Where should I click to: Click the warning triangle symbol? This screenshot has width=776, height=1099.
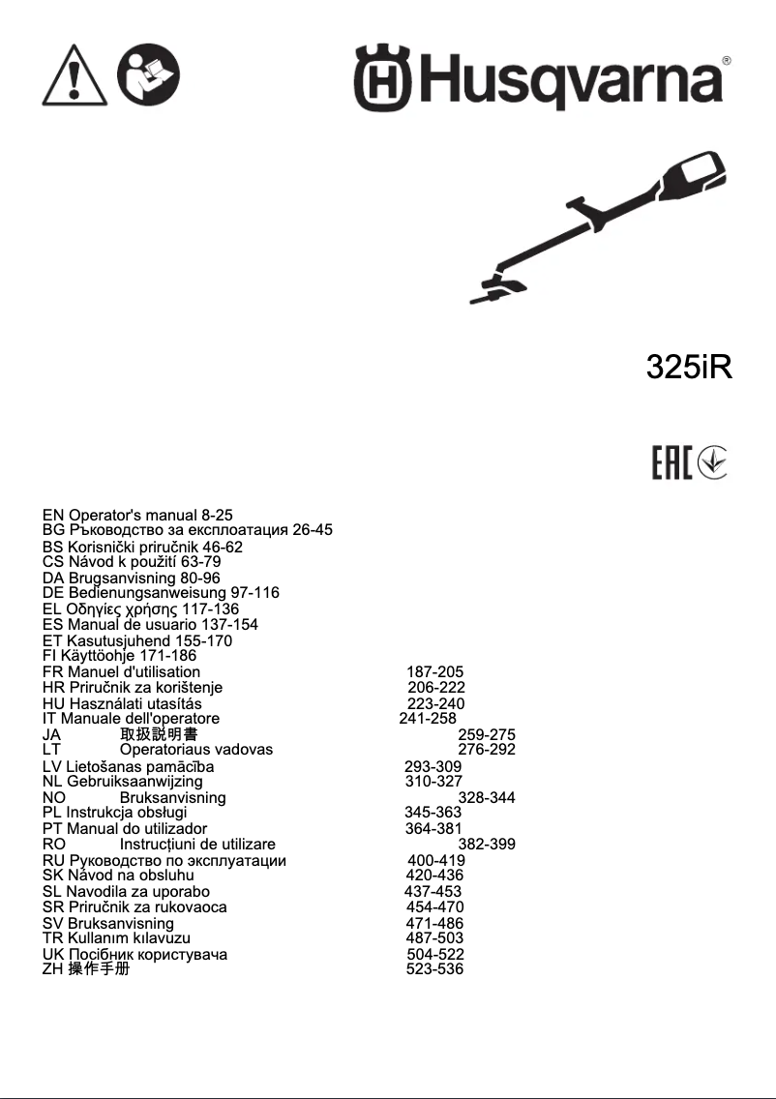[75, 75]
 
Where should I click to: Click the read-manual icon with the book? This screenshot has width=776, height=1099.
[148, 75]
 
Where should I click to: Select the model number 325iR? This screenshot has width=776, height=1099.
[689, 368]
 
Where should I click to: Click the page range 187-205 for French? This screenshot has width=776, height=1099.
[435, 671]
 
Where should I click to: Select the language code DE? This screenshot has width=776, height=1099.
[53, 593]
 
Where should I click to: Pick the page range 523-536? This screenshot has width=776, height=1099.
[434, 968]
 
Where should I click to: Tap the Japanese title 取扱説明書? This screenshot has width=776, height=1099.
[159, 734]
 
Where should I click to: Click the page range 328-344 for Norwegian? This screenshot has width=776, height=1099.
[487, 798]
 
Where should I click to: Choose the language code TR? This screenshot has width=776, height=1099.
[53, 937]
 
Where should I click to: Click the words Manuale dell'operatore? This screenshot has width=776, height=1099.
[140, 719]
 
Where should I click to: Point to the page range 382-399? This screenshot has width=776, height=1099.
[487, 845]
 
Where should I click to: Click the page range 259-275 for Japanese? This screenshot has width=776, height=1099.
[487, 734]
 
